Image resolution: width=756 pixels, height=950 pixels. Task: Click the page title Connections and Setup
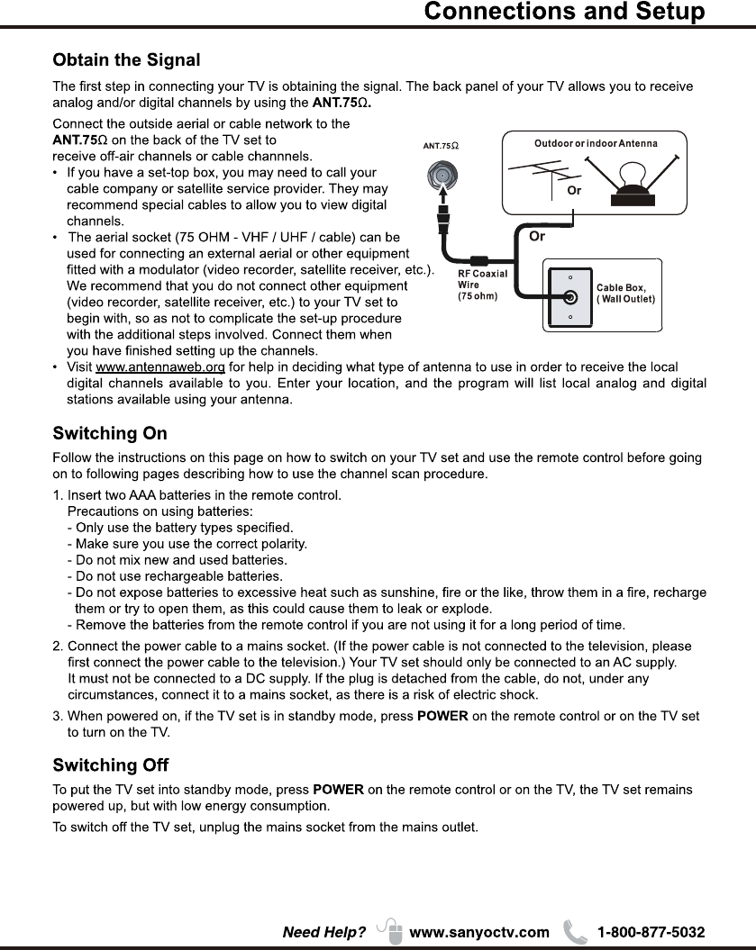pos(564,12)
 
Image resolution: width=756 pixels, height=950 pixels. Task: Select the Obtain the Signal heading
pos(126,60)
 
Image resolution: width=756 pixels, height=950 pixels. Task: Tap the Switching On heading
pos(110,434)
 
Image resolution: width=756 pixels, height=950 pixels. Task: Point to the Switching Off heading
pos(111,765)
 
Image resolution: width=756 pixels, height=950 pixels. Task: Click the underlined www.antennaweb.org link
pos(160,366)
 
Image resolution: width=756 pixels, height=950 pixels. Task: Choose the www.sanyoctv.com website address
pos(478,932)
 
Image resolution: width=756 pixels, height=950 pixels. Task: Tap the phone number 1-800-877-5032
pos(651,932)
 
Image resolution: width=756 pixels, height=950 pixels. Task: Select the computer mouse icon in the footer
pos(391,930)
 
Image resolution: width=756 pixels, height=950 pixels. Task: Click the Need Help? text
pos(324,932)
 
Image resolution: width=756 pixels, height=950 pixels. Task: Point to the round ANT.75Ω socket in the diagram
pos(443,175)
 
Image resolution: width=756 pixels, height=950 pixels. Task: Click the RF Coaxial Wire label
pos(482,285)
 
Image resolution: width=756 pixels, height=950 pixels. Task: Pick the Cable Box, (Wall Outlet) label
pos(625,293)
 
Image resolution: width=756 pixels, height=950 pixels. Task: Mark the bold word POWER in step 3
pos(442,716)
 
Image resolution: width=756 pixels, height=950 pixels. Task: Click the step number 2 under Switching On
pos(57,647)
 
